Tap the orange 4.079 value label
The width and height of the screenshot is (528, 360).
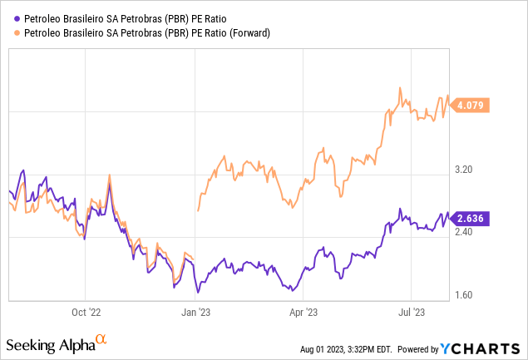[x=472, y=106]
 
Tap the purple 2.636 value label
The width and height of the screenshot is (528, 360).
[x=472, y=219]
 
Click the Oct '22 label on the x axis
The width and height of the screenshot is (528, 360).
[x=86, y=313]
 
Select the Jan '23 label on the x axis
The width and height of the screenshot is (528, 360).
[x=197, y=313]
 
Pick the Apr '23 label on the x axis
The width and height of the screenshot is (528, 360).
[x=303, y=313]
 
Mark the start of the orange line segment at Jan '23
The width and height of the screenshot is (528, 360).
[x=197, y=211]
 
